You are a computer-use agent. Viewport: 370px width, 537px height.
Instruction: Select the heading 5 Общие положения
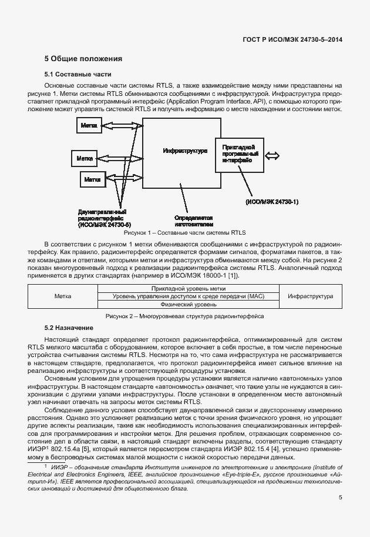coord(83,59)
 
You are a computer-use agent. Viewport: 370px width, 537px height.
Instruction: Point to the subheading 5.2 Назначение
coord(69,326)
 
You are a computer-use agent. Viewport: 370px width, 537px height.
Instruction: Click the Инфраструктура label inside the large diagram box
coord(185,151)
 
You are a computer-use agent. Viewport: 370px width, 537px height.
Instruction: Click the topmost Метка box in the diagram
coord(89,126)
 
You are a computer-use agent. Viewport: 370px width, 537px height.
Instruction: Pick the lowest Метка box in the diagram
coord(92,179)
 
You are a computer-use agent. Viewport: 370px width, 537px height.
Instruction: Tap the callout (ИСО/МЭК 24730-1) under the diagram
coord(272,202)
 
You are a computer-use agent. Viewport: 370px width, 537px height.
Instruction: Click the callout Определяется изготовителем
coord(193,221)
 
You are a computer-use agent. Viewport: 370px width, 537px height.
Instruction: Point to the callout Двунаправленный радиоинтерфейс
coord(104,218)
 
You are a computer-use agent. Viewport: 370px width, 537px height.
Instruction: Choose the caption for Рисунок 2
coord(184,316)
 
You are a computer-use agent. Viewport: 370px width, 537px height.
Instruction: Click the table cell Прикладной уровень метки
coord(188,289)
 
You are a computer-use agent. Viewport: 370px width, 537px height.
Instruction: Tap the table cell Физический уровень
coord(188,305)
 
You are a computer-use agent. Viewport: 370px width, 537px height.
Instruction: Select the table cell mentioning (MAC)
coord(188,296)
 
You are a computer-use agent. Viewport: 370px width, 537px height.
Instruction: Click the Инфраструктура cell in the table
coord(310,296)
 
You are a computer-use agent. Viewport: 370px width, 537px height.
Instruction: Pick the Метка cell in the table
coord(62,296)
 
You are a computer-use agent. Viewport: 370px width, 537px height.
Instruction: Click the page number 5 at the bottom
coord(340,498)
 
